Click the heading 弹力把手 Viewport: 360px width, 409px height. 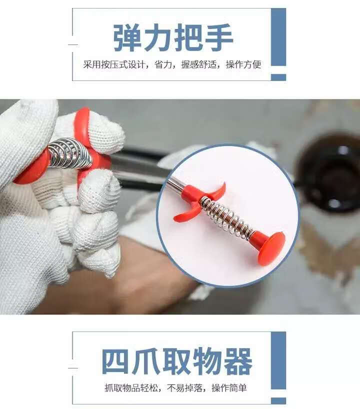173,38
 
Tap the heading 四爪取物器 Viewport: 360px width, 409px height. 177,361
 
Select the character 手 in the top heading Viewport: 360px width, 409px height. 218,38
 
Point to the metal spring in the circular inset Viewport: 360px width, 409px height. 227,217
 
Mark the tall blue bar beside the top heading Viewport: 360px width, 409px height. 278,37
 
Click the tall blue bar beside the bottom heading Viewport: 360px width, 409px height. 278,360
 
